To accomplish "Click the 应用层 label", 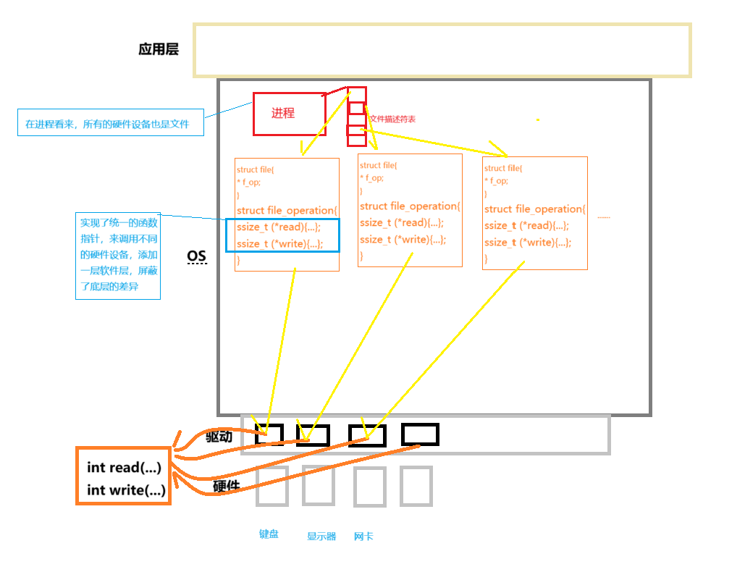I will pos(159,50).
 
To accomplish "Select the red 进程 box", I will pos(289,114).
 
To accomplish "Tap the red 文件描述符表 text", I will pos(392,119).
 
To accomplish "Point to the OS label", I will pos(196,256).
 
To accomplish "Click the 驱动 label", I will pos(219,436).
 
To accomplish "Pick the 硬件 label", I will pos(227,486).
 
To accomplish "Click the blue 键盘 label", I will pos(269,534).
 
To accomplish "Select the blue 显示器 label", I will pos(321,537).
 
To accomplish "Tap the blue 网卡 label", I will pos(363,537).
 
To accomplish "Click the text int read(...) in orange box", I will pos(124,468).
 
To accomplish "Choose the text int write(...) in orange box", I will pos(126,490).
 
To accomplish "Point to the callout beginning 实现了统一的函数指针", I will pos(118,256).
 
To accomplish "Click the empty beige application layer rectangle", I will pos(442,50).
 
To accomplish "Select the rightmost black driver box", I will pos(420,434).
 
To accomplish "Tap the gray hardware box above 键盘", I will pos(272,485).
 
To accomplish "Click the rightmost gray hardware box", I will pos(416,485).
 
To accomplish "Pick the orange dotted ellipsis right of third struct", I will pos(603,217).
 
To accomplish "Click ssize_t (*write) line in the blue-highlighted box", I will pos(279,243).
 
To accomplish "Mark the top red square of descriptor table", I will pos(356,95).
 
